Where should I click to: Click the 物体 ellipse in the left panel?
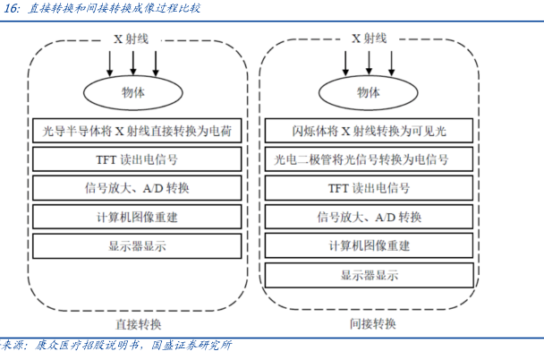point(132,92)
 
